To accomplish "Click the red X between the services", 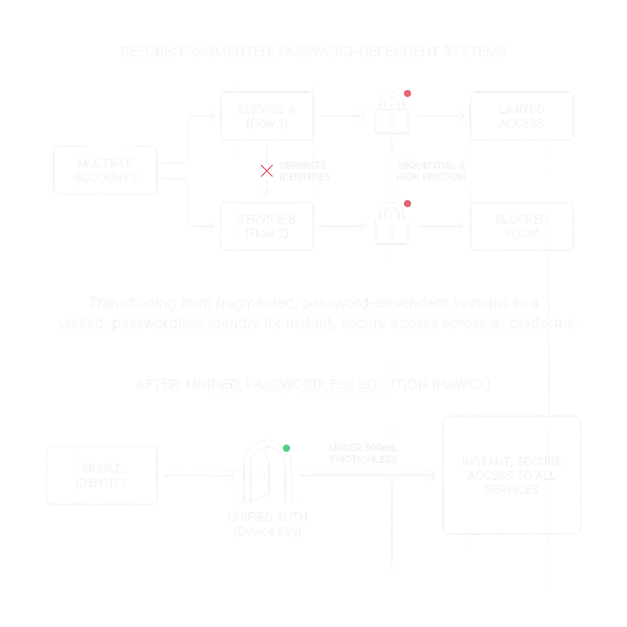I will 266,171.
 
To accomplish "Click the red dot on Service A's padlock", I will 408,94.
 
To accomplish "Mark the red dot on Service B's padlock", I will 408,204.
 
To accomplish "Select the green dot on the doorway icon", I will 287,448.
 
